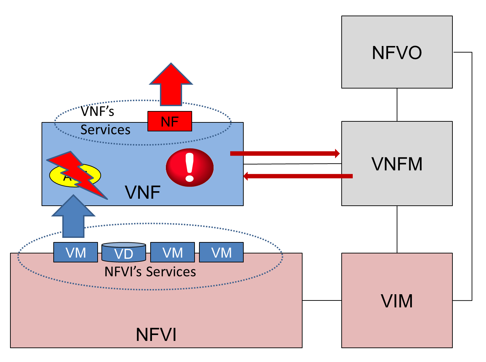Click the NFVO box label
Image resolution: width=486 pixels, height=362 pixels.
click(397, 53)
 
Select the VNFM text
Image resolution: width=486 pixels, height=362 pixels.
click(397, 164)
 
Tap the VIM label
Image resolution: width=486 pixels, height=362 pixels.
click(397, 301)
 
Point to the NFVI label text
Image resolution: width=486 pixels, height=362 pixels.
click(156, 334)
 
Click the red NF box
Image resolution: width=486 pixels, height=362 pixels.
click(170, 121)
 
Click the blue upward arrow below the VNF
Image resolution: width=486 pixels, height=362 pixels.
click(73, 218)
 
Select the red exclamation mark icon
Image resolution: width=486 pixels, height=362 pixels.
click(190, 168)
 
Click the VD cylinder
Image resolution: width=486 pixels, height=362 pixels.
click(124, 253)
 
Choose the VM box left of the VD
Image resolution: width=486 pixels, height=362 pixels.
click(75, 252)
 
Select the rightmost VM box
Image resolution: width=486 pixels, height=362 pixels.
click(221, 252)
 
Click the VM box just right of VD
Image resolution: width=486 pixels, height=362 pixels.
click(172, 252)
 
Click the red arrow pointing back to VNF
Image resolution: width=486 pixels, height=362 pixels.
click(298, 176)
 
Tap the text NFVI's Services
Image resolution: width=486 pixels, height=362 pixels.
click(150, 272)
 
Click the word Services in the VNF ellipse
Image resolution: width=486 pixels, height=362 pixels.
click(105, 130)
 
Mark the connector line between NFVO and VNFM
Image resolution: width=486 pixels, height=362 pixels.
click(397, 104)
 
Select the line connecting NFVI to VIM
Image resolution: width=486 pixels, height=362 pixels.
click(322, 300)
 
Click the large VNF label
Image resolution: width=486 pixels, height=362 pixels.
click(143, 192)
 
